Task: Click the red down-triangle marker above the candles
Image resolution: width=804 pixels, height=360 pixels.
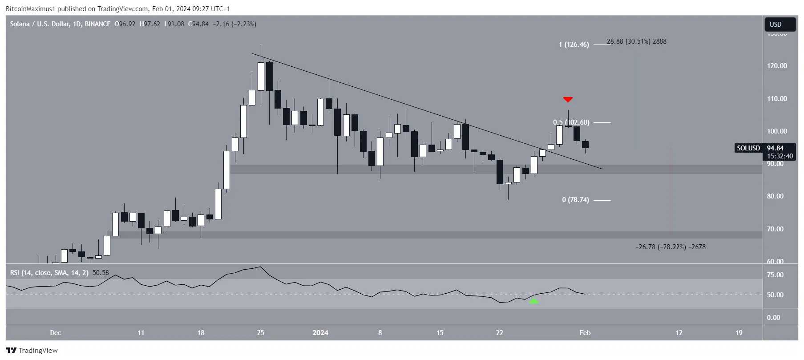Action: point(567,99)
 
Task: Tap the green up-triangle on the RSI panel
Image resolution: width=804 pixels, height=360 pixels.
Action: point(533,301)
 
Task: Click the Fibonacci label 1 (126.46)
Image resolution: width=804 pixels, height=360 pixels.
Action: point(574,44)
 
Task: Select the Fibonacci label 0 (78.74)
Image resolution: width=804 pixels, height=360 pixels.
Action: point(575,200)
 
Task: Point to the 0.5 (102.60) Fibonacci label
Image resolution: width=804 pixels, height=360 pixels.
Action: point(571,122)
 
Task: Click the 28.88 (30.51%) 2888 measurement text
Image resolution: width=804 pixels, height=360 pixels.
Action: point(636,41)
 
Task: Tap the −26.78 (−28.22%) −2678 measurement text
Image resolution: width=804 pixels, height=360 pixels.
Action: point(670,247)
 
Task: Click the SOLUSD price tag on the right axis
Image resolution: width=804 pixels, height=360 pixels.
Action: point(748,148)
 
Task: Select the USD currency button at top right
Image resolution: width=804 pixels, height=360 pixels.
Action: point(776,24)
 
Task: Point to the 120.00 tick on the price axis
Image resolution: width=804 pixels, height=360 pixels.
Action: point(777,66)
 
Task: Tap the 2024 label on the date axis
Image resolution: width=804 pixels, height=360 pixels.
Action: point(320,333)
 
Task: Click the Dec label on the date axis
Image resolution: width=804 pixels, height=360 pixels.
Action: point(56,333)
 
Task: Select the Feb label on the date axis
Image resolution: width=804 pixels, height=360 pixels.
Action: point(585,333)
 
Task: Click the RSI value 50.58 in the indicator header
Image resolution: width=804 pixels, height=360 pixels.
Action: point(101,273)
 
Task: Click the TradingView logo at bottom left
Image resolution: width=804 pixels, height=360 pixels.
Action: point(32,351)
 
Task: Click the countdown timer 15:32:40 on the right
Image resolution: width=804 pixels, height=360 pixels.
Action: point(780,156)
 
